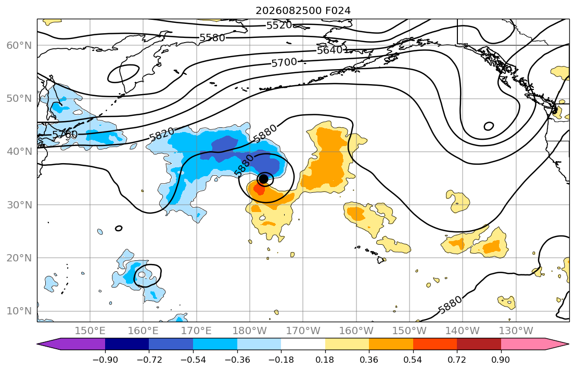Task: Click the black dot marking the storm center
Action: click(x=263, y=179)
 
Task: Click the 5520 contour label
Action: click(x=279, y=25)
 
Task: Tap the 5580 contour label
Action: click(x=212, y=38)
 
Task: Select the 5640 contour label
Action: click(x=330, y=50)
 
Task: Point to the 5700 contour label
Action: click(x=284, y=63)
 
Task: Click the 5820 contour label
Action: click(x=162, y=135)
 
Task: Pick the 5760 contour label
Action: click(x=65, y=135)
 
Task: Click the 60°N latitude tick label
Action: click(x=19, y=45)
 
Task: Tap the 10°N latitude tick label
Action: click(x=19, y=311)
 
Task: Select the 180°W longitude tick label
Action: click(x=250, y=331)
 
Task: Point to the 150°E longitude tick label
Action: click(x=90, y=331)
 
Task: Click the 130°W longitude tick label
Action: click(x=516, y=331)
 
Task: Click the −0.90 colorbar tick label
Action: click(x=105, y=360)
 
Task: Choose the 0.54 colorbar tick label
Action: click(x=413, y=360)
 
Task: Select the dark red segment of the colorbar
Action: click(x=479, y=344)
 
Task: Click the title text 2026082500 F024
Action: click(x=303, y=10)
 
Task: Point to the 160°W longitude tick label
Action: click(x=356, y=331)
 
